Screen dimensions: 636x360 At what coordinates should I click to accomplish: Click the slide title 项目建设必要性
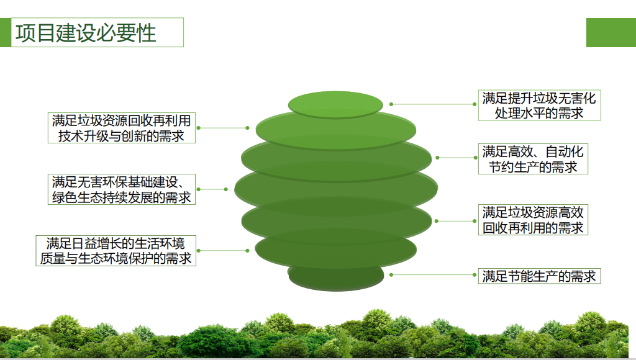pos(86,33)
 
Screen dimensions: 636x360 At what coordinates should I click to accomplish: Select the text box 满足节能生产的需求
pos(539,276)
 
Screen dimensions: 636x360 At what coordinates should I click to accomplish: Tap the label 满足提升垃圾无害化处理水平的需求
pos(539,106)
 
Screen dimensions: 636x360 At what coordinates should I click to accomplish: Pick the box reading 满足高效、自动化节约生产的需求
pos(533,159)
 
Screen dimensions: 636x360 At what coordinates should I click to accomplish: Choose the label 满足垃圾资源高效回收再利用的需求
pos(533,220)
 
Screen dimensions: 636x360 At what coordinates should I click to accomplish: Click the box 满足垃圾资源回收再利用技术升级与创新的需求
pos(121,128)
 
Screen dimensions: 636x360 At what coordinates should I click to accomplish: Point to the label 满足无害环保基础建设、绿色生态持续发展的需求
pos(121,189)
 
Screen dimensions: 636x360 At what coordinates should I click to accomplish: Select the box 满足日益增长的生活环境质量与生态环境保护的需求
pos(116,251)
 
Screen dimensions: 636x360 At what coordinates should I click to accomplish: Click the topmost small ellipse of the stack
pos(335,105)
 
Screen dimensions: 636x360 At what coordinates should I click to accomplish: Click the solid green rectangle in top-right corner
pos(611,32)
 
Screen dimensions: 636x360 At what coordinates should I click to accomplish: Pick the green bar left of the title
pos(5,32)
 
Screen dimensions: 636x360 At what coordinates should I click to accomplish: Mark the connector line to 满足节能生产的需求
pos(433,275)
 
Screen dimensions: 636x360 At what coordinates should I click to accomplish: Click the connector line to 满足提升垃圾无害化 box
pos(433,104)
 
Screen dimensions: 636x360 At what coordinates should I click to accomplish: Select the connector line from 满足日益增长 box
pos(223,251)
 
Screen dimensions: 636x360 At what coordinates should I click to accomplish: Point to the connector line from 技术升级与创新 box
pos(223,128)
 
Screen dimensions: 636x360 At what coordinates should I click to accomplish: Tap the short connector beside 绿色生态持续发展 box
pos(212,189)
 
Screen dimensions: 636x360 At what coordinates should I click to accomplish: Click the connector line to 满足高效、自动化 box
pos(457,158)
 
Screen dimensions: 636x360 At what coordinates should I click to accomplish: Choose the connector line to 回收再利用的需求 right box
pos(456,221)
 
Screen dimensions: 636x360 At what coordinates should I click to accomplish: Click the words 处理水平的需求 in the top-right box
pos(539,113)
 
